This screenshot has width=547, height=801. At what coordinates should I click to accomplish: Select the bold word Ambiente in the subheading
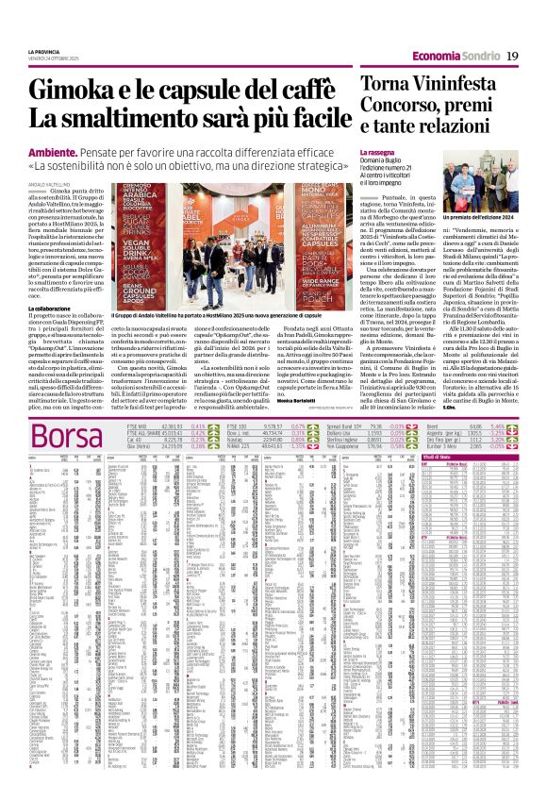[x=53, y=149]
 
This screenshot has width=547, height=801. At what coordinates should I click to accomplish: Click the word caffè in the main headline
[x=301, y=92]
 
